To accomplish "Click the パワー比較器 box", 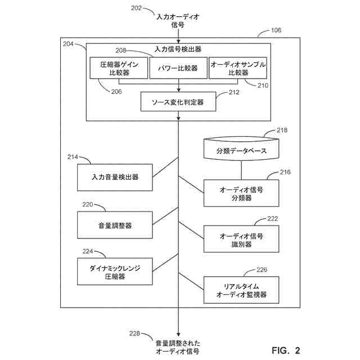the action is tap(178, 68).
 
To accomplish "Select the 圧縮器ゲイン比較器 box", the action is tap(119, 68).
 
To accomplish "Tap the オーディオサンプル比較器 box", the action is tap(238, 68).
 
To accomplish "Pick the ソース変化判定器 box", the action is tap(178, 102).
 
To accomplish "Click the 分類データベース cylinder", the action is tap(241, 148).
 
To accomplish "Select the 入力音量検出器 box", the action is tap(115, 178).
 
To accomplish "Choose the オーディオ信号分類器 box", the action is tap(241, 193).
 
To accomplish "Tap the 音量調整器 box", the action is tap(115, 225).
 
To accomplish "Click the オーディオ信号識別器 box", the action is tap(241, 239).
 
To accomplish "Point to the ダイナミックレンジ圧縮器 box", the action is tap(115, 272).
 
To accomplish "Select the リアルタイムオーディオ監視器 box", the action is tap(241, 290).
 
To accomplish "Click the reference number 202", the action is tap(136, 8).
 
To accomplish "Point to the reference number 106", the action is tap(276, 30).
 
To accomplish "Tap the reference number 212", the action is tap(234, 92).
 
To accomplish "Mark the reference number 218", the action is tap(282, 130).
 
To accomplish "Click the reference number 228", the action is tap(134, 334).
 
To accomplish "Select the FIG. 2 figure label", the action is tap(286, 350).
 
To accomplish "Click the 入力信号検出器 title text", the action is tap(178, 49).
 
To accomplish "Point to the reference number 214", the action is tap(73, 157).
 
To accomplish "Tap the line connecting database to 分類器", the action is tap(241, 170).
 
